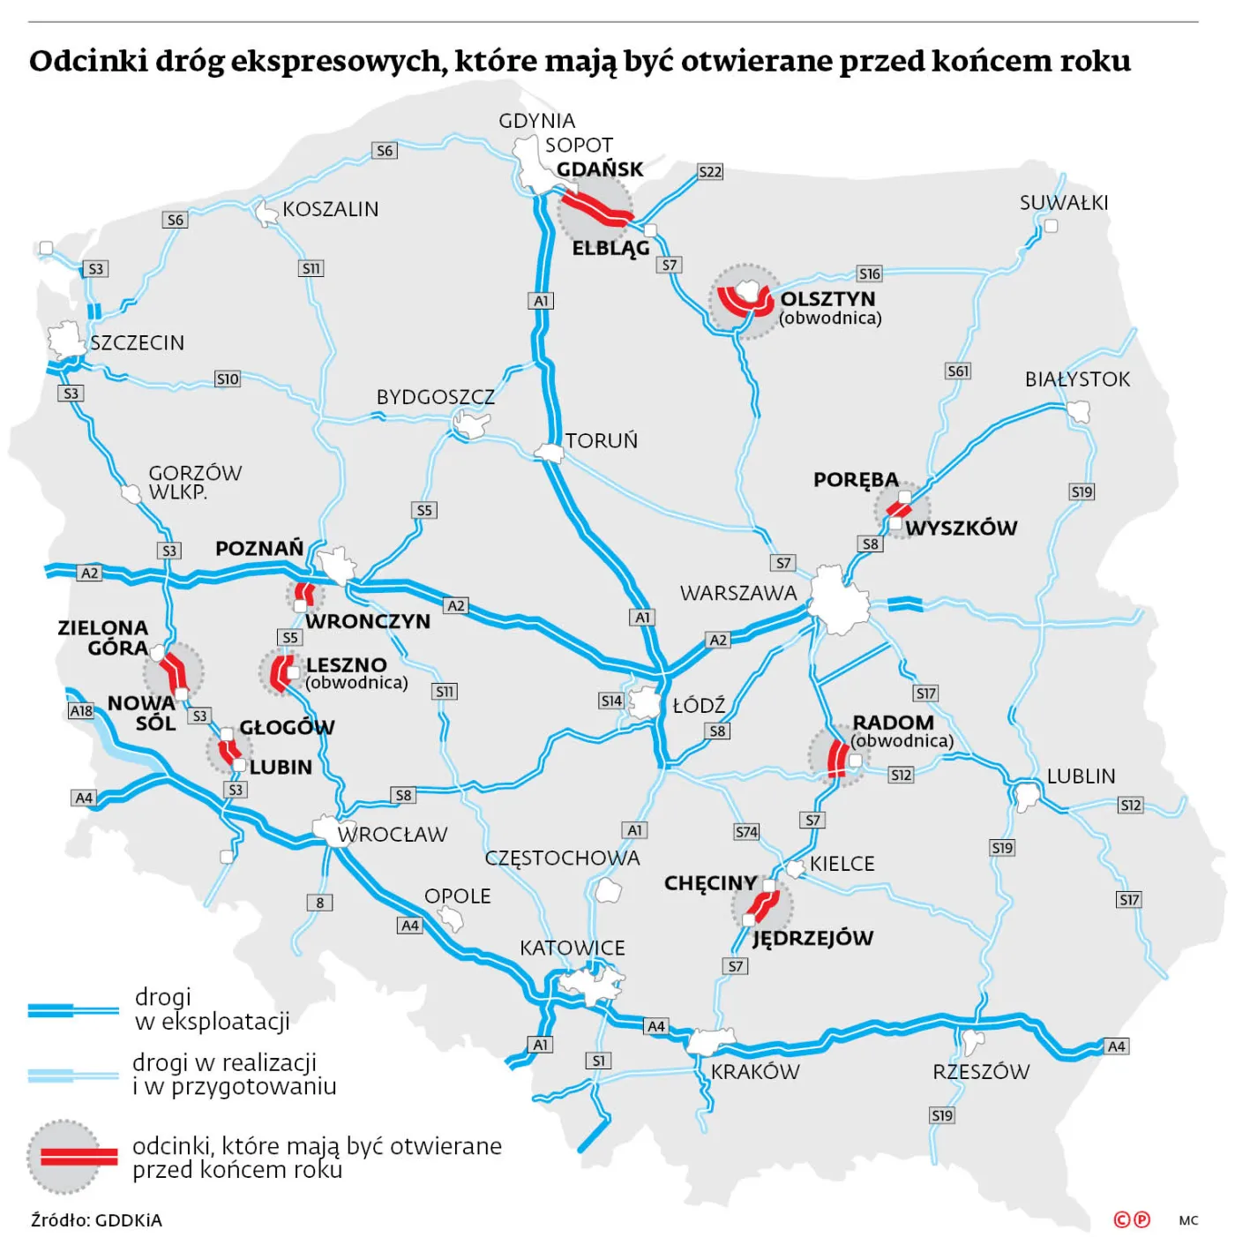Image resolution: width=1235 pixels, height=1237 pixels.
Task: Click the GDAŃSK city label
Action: [x=600, y=169]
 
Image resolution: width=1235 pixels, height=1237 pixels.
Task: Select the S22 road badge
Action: [x=710, y=172]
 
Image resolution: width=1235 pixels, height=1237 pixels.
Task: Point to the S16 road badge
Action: [x=870, y=274]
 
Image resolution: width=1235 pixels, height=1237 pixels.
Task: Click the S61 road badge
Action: [x=958, y=371]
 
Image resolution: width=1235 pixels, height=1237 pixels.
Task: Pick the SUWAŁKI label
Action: [x=1064, y=203]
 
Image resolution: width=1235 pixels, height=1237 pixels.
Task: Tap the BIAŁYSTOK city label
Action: [x=1077, y=379]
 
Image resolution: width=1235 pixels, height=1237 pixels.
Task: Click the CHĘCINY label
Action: [x=710, y=883]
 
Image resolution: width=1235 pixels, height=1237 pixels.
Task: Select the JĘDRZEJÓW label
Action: [x=812, y=938]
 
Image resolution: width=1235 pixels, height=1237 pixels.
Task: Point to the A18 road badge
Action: [x=81, y=710]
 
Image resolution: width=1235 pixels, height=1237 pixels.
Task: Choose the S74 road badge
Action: [x=746, y=831]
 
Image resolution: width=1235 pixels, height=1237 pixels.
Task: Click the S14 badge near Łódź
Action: [x=611, y=701]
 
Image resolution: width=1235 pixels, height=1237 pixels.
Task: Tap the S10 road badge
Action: [x=228, y=379]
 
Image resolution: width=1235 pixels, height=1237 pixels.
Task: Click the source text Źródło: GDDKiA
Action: [x=96, y=1220]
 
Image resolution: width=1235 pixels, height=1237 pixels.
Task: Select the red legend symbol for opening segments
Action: [x=72, y=1157]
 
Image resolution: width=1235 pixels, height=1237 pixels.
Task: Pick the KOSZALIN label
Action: [x=331, y=209]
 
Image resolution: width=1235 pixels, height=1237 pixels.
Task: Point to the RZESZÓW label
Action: [x=981, y=1072]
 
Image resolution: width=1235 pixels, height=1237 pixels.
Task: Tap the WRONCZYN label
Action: [x=368, y=621]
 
